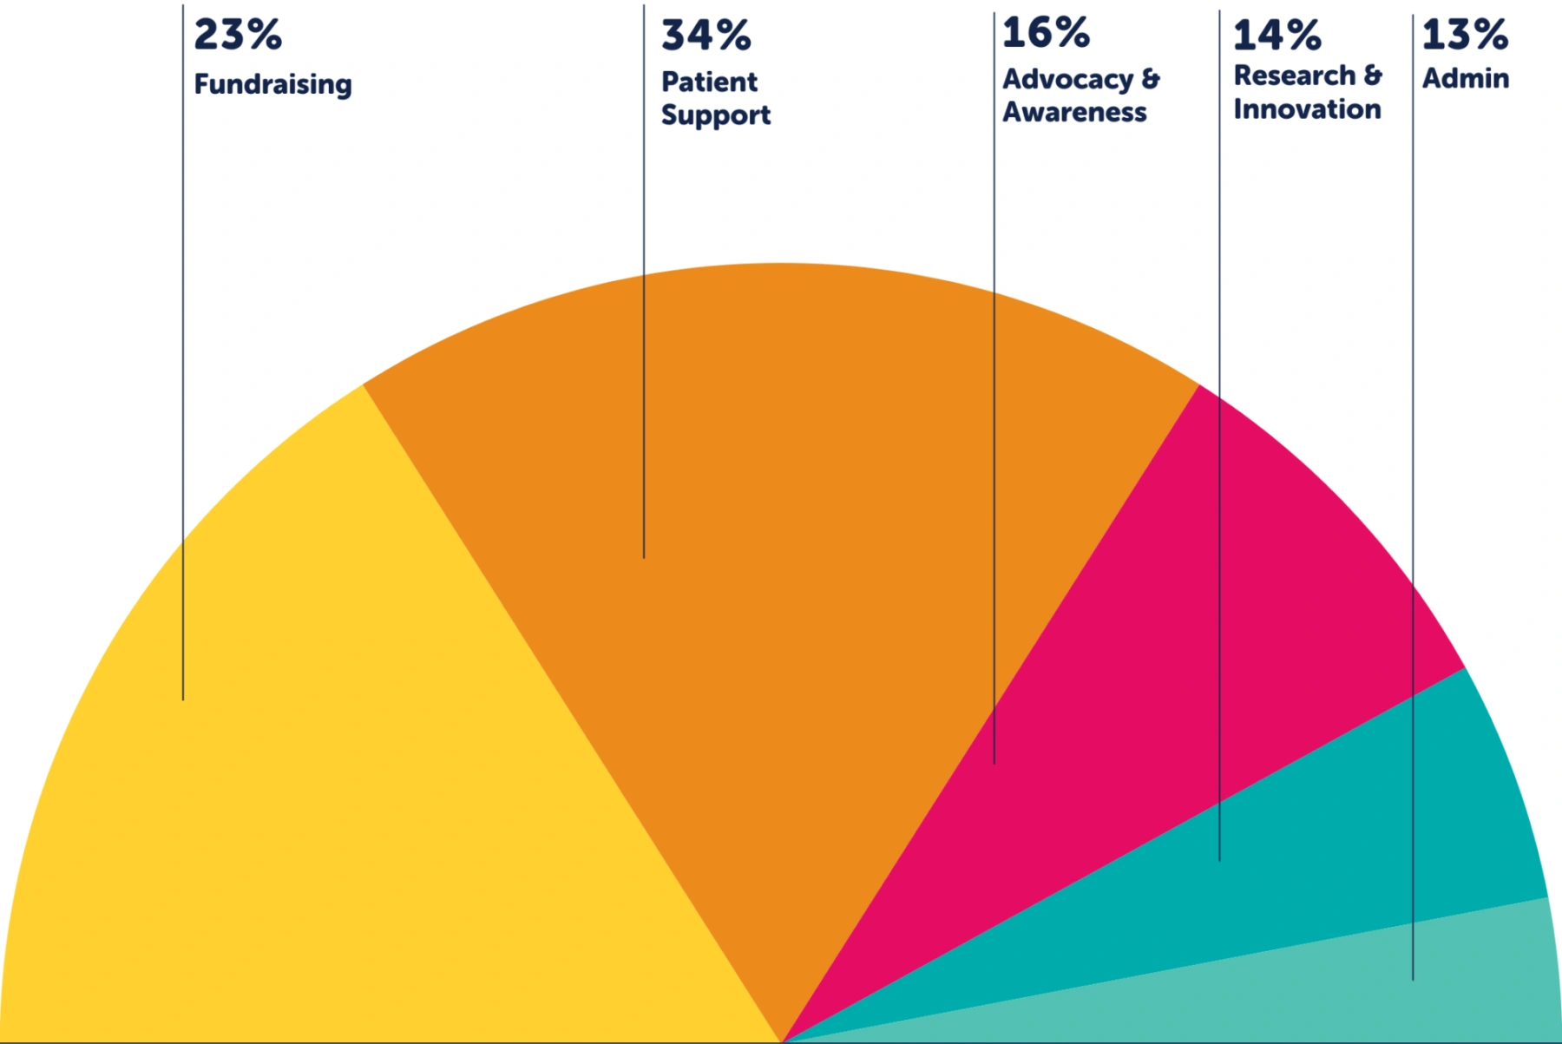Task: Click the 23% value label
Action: tap(238, 35)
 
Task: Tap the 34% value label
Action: tap(706, 36)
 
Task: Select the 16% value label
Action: tap(1046, 33)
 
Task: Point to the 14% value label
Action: tap(1277, 36)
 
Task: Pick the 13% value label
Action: tap(1465, 35)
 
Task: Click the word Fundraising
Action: tap(272, 85)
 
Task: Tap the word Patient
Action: tap(709, 82)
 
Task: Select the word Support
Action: tap(716, 115)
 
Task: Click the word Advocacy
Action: tap(1067, 80)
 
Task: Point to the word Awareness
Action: tap(1074, 112)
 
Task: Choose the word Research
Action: tap(1294, 76)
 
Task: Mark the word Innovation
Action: tap(1307, 109)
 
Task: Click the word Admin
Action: tap(1465, 78)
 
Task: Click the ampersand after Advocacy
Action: tap(1151, 79)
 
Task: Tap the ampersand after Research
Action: tap(1372, 76)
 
